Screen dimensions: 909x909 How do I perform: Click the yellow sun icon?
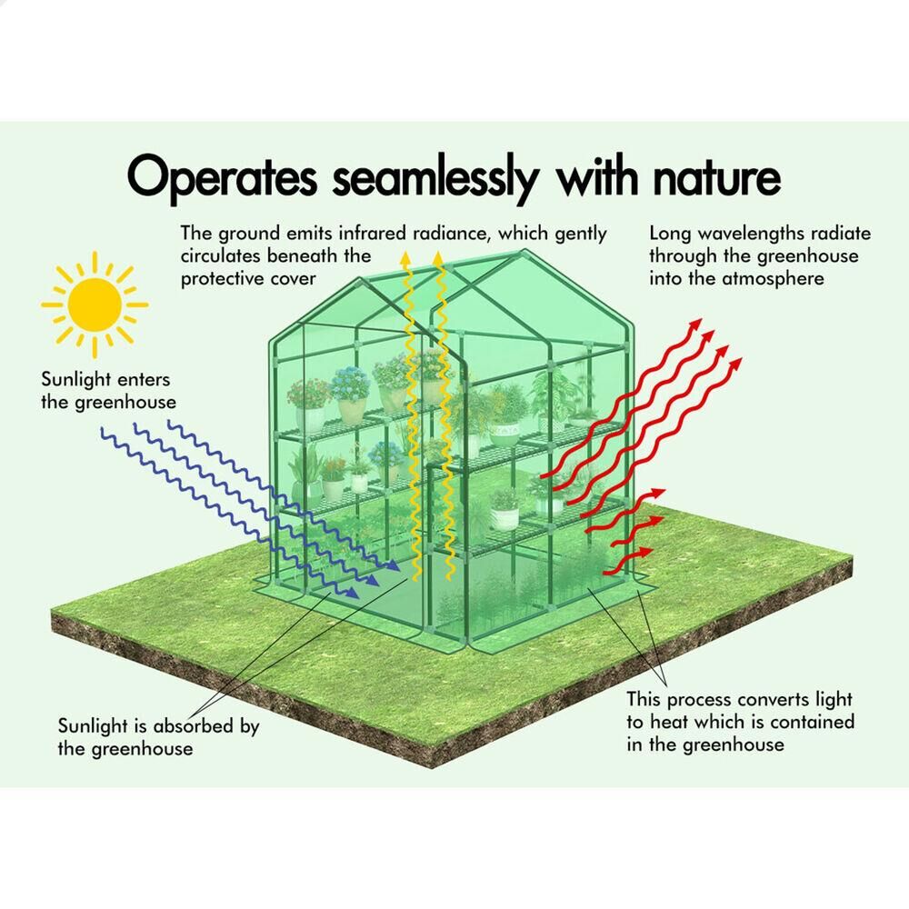tap(95, 305)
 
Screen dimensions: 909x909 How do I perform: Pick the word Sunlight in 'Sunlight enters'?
tap(76, 380)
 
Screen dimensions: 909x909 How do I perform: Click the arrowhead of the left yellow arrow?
tap(406, 257)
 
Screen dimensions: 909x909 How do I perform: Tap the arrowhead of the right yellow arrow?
tap(439, 257)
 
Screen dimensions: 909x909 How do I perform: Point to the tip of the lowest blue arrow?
tap(357, 595)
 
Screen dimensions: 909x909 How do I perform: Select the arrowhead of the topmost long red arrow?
tap(695, 324)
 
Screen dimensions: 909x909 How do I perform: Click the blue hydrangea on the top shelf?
tap(350, 384)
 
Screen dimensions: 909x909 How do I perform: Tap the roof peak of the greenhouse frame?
tap(524, 253)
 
